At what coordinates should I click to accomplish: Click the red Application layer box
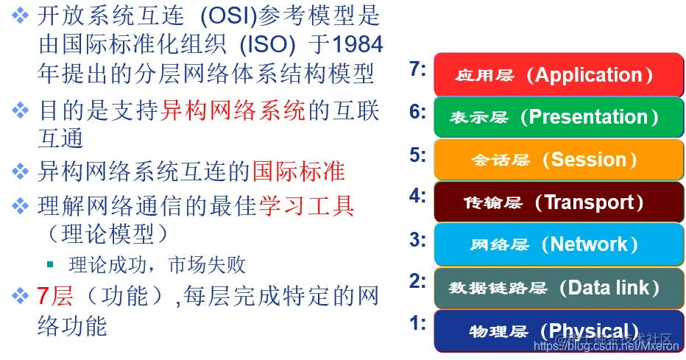(558, 74)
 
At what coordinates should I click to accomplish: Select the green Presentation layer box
(558, 116)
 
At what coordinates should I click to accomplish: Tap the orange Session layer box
(558, 159)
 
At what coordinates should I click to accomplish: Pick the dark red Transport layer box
(558, 202)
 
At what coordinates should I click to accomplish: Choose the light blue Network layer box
(558, 244)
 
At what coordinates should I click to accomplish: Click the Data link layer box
(558, 287)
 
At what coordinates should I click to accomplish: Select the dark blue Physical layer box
(558, 331)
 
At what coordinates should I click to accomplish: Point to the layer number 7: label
(418, 70)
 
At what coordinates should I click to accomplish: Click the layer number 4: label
(418, 196)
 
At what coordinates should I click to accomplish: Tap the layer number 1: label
(418, 323)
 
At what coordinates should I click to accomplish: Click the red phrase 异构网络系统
(233, 110)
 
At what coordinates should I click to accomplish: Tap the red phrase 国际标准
(298, 171)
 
